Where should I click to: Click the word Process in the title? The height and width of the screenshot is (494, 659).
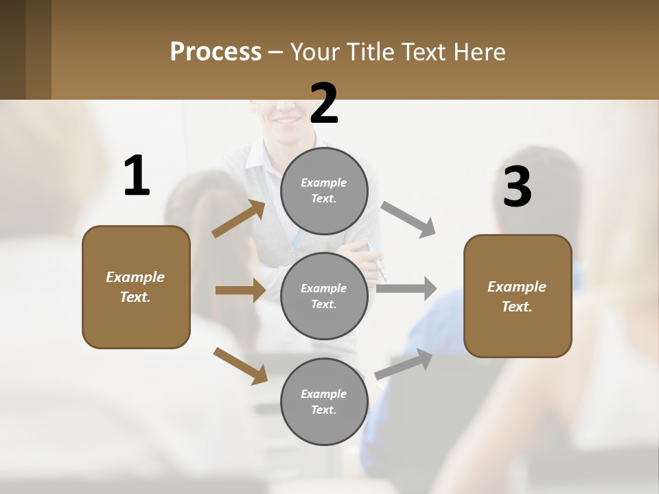tap(216, 52)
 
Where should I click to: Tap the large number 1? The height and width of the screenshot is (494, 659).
tap(137, 176)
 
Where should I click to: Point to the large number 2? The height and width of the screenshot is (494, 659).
tap(324, 104)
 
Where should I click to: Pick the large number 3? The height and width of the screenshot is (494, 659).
tap(517, 187)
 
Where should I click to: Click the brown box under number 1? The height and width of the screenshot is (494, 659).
tap(136, 287)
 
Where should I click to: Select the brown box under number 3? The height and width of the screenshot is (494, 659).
tap(518, 296)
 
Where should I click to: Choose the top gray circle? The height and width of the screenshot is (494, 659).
tap(324, 190)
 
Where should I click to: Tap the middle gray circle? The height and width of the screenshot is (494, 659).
tap(324, 296)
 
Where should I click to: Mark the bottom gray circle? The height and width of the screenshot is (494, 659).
tap(324, 401)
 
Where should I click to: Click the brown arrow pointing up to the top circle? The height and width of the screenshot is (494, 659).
tap(239, 219)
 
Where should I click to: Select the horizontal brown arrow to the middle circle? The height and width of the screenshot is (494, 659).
tap(240, 290)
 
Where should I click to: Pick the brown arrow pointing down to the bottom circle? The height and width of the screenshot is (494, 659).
tap(240, 366)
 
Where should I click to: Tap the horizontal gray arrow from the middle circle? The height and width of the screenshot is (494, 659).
tap(406, 288)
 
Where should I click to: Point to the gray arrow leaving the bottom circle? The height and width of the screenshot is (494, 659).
tap(404, 364)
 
